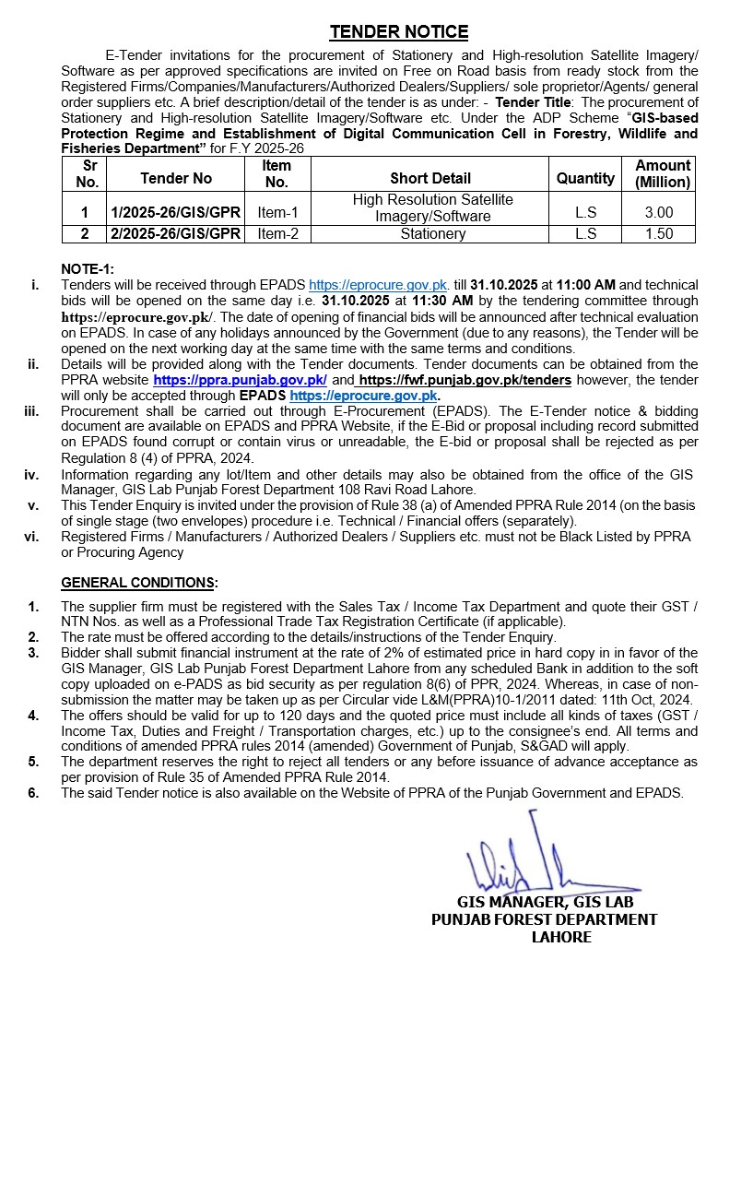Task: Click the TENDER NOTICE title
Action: click(x=399, y=32)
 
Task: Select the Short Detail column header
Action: click(x=429, y=178)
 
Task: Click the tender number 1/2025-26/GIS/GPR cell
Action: click(x=175, y=212)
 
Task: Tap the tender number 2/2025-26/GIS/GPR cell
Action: click(x=175, y=234)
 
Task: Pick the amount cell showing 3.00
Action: click(x=659, y=212)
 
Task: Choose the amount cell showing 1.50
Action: click(x=659, y=234)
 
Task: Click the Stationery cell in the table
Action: click(x=432, y=234)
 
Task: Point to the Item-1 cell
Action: click(x=277, y=212)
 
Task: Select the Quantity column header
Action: click(x=585, y=178)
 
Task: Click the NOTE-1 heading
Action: click(x=88, y=268)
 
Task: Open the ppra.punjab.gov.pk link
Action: click(x=240, y=380)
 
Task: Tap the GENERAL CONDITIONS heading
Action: click(x=139, y=583)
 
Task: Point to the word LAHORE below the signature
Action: click(x=561, y=937)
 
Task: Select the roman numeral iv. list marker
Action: click(x=31, y=475)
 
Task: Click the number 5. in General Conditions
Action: click(x=33, y=762)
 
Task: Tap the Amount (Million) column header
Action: click(x=663, y=173)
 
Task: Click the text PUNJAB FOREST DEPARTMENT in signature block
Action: click(x=545, y=919)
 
